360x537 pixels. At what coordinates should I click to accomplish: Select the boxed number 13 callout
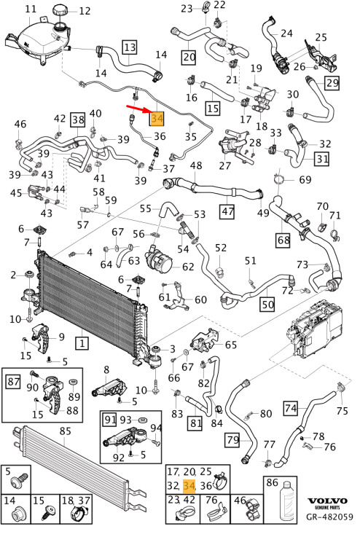coord(130,47)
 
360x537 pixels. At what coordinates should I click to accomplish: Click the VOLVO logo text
coord(326,501)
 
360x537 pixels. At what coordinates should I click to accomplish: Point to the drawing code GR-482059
coord(329,517)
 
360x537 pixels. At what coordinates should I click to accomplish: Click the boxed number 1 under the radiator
coord(82,343)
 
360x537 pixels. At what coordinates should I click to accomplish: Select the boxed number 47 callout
coord(227,211)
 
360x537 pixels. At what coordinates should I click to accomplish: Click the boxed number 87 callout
coord(13,381)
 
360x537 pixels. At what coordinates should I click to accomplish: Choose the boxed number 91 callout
coord(110,420)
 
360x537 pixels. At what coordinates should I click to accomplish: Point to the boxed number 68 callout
coord(283,240)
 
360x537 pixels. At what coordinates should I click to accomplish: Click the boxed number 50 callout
coord(267,304)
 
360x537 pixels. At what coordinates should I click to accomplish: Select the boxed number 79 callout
coord(232,440)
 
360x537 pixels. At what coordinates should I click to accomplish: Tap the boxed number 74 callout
coord(291,408)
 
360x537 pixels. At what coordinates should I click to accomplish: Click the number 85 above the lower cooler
coord(65,431)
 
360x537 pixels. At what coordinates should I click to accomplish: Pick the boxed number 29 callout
coord(332,83)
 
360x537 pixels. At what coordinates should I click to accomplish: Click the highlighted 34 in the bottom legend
coord(189,485)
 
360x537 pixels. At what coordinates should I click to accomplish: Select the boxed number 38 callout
coord(78,120)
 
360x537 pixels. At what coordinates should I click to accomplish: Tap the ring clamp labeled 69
coord(280,179)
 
